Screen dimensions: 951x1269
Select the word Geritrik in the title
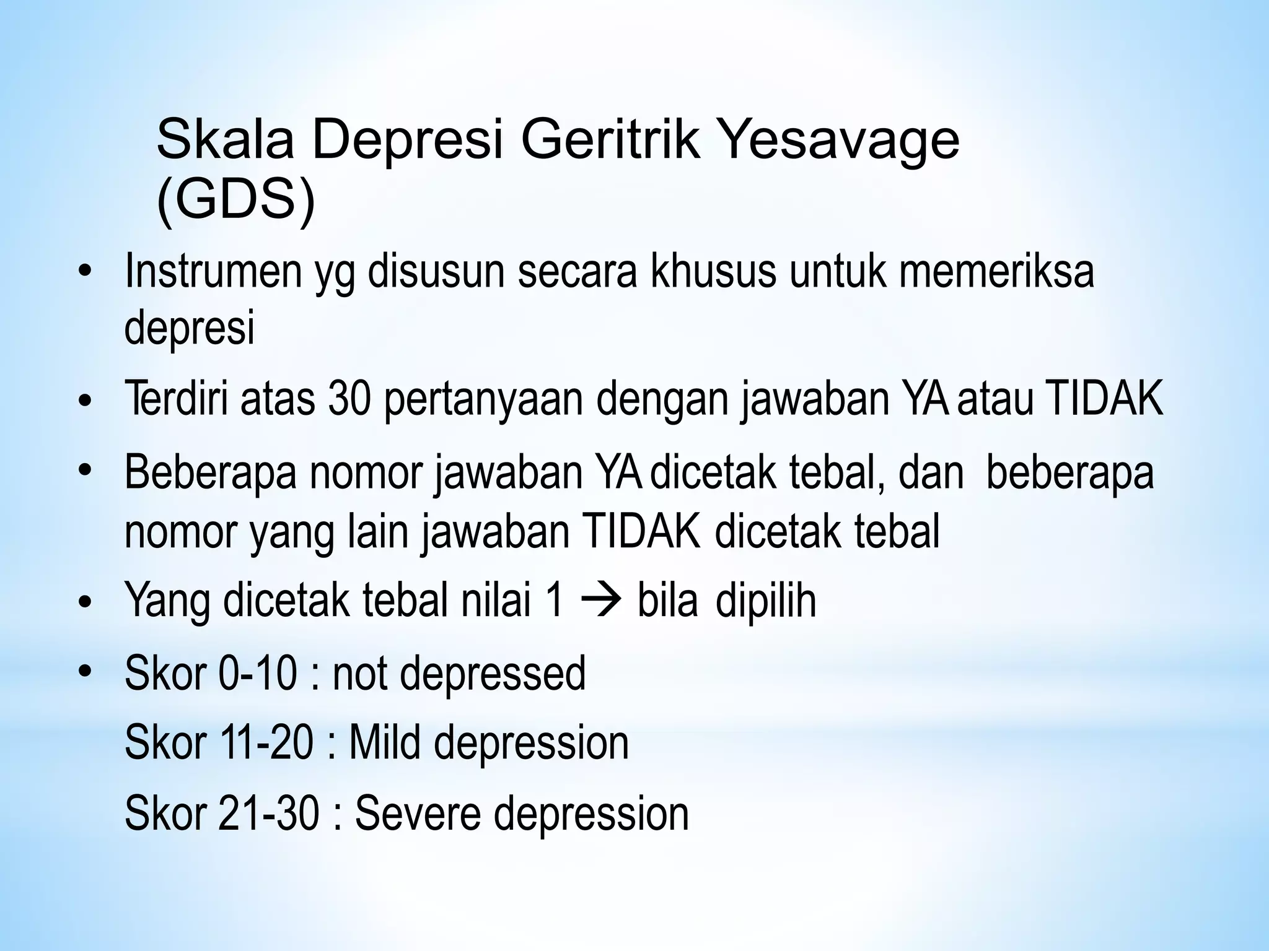click(x=612, y=140)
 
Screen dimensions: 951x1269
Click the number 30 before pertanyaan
click(x=349, y=399)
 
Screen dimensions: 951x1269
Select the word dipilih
click(x=765, y=601)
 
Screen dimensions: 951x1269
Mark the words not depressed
click(x=459, y=674)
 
